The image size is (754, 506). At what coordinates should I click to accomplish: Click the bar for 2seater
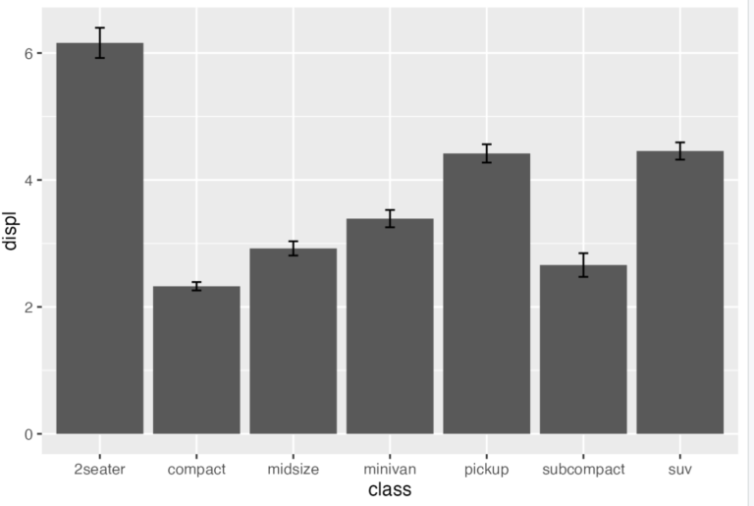coord(99,246)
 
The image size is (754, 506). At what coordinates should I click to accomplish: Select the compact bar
coord(196,364)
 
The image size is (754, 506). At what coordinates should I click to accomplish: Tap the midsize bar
coord(293,344)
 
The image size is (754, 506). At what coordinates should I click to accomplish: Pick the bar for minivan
coord(390,329)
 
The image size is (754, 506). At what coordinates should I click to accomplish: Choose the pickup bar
coord(486,295)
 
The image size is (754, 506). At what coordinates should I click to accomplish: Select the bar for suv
coord(679,295)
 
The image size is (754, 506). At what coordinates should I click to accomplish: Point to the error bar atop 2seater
coord(99,42)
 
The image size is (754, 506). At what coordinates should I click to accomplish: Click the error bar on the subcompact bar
coord(583,265)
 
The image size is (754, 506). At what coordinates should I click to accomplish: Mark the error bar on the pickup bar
coord(486,153)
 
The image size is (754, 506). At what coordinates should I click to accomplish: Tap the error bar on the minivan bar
coord(390,218)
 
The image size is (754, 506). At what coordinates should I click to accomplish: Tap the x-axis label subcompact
coord(583,470)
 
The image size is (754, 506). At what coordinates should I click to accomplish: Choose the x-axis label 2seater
coord(99,470)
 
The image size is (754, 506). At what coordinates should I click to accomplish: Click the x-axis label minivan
coord(390,470)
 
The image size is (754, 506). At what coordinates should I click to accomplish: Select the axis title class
coord(389,489)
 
